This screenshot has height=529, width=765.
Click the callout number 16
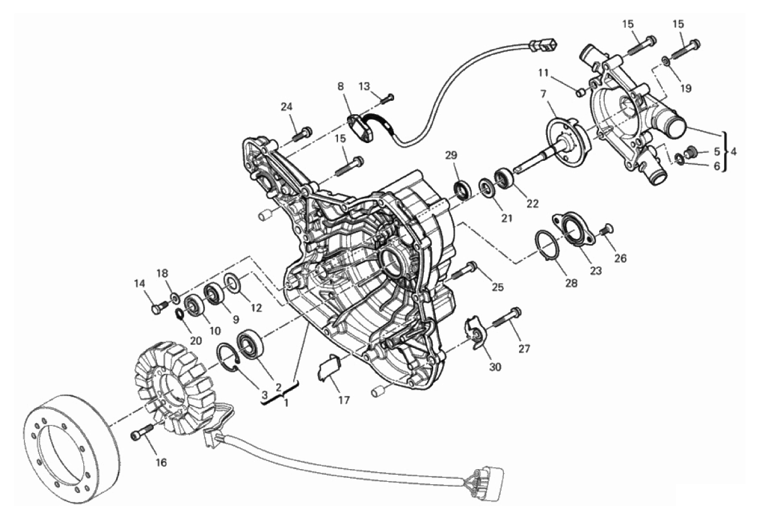tap(161, 462)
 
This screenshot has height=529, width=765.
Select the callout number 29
tap(451, 155)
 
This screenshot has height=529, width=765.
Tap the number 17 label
tap(344, 400)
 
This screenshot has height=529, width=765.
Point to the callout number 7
tap(544, 93)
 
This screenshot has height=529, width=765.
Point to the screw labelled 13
tap(387, 99)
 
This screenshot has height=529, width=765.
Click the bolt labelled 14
tap(160, 306)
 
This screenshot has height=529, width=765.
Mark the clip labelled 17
tap(329, 368)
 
